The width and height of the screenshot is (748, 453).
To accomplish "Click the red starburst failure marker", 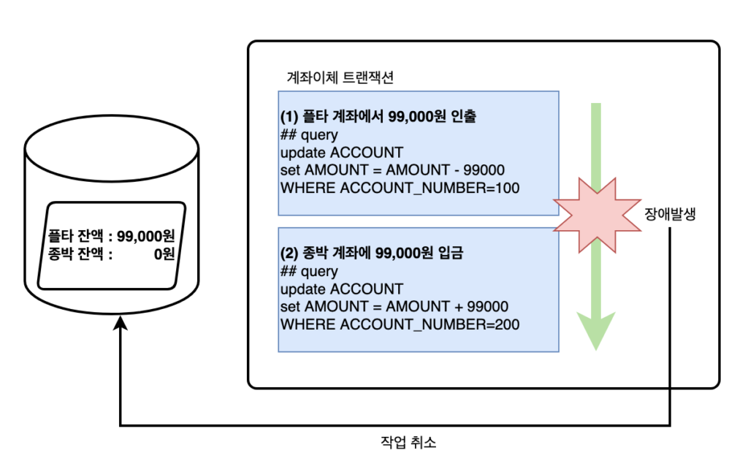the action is (597, 215).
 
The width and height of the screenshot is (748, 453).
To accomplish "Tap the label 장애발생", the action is (670, 214).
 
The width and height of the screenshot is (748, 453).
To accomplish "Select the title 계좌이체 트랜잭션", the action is (340, 77).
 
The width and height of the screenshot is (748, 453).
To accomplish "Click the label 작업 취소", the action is (408, 442).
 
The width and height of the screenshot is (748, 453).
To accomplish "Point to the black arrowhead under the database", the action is (121, 323).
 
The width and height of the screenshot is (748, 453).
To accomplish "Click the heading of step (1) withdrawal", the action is (378, 116).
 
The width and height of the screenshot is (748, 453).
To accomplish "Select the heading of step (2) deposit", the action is (372, 253).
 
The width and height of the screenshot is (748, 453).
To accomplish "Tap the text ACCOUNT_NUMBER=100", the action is (430, 188).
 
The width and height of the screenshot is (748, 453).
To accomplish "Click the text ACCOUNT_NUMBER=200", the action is (430, 324).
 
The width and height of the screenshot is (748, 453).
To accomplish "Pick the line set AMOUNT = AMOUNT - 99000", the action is (392, 170).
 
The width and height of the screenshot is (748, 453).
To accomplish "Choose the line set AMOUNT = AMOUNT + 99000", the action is (394, 306).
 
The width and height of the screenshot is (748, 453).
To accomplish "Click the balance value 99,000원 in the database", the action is (146, 236).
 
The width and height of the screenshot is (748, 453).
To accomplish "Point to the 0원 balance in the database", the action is (164, 254).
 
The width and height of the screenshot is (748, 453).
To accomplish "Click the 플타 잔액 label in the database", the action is (75, 236).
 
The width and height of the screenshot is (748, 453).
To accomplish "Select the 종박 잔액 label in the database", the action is (75, 254).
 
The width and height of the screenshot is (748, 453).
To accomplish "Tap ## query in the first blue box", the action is (309, 134).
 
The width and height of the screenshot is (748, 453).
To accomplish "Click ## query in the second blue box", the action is (309, 271).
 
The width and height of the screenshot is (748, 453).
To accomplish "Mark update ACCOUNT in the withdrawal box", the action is (342, 152).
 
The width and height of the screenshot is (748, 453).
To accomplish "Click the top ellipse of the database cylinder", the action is (112, 116).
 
